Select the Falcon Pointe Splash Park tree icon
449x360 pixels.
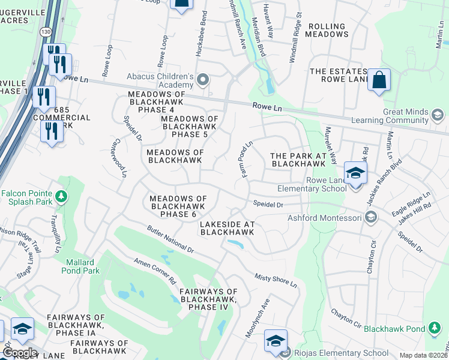(61, 196)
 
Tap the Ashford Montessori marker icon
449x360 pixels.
(371, 217)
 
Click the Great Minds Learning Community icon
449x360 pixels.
(437, 114)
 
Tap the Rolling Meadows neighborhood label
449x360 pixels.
(327, 30)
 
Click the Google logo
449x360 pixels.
(20, 352)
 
